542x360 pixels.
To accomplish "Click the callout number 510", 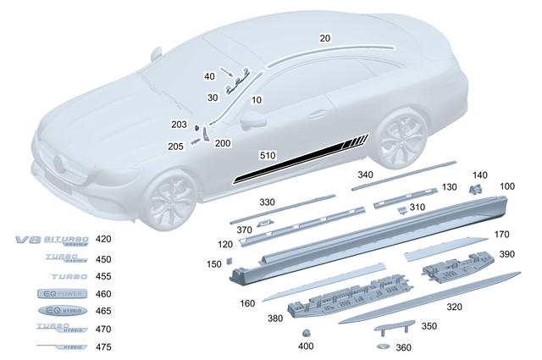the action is [x=268, y=156].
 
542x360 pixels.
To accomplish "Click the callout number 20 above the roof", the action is [x=326, y=38].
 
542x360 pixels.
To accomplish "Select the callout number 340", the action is [x=365, y=174].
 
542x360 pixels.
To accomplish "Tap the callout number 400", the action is [x=306, y=346].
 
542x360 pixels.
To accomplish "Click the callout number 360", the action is [x=403, y=348].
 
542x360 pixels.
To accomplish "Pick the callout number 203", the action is [x=179, y=125].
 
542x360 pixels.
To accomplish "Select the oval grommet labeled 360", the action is [x=380, y=348].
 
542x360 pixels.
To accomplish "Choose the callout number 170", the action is [x=502, y=235].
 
